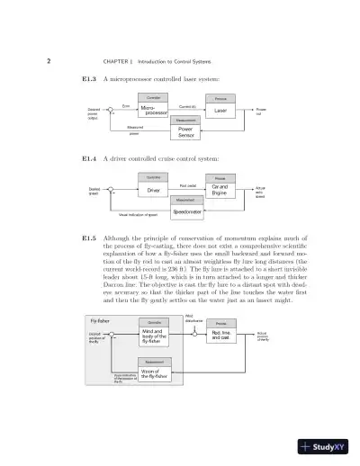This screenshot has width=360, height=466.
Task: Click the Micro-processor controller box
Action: coord(155,111)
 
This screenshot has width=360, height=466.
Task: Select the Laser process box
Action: coord(220,111)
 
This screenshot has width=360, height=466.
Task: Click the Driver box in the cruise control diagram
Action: coord(154,191)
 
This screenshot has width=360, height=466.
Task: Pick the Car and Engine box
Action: coord(220,191)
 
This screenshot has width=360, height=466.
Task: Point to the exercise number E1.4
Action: coord(89,159)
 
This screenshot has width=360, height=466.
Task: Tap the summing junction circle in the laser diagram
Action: coord(112,111)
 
